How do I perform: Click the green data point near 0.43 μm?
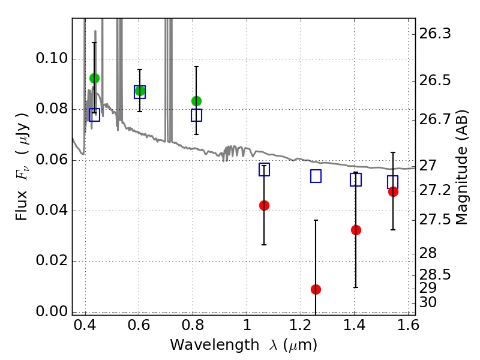tap(94, 79)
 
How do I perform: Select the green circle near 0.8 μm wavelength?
tap(196, 101)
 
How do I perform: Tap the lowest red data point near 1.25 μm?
tap(316, 289)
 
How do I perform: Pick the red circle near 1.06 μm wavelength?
tap(264, 205)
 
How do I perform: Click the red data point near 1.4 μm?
tap(356, 230)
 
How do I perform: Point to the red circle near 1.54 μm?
tap(393, 191)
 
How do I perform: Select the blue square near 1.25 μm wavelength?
tap(316, 176)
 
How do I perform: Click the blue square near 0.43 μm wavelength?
tap(94, 115)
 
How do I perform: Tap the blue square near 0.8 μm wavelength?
tap(196, 115)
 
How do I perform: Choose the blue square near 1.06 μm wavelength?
tap(264, 170)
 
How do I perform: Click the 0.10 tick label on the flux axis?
tap(52, 58)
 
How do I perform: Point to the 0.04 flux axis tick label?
tap(52, 210)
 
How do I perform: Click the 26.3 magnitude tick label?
tap(434, 34)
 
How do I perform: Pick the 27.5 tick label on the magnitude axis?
tap(434, 220)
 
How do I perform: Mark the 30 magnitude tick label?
tap(428, 302)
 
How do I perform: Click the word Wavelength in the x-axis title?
tap(215, 345)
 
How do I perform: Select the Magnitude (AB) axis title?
tap(461, 167)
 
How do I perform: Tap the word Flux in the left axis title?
tap(22, 205)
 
